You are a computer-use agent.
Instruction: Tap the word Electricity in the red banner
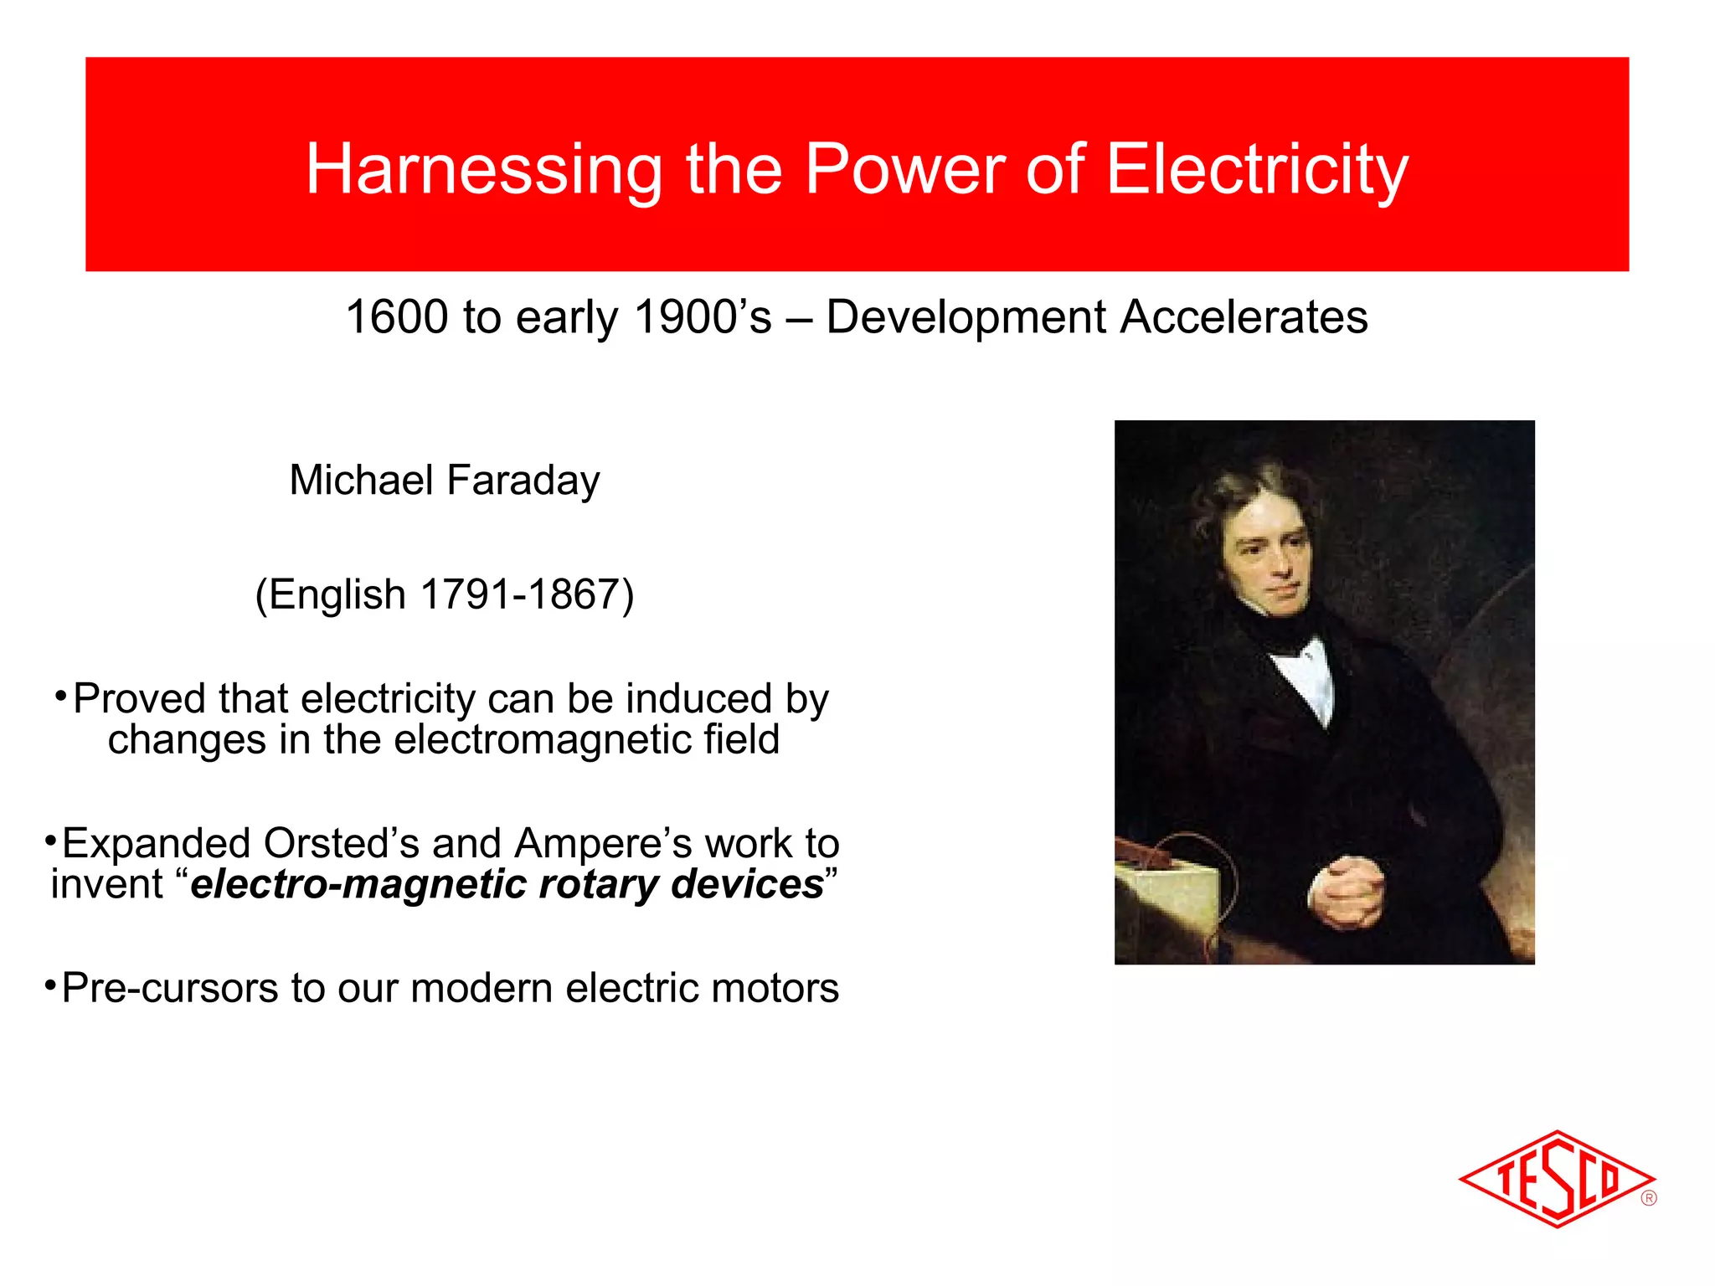click(1257, 170)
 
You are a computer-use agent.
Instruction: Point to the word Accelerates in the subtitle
click(1244, 317)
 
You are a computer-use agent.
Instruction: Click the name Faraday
click(523, 481)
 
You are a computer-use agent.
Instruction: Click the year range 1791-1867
click(519, 594)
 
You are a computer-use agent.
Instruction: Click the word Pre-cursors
click(170, 988)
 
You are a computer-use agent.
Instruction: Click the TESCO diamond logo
click(1556, 1179)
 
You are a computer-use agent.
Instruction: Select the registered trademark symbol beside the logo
click(1649, 1198)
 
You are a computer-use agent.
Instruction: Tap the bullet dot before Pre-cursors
click(50, 981)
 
